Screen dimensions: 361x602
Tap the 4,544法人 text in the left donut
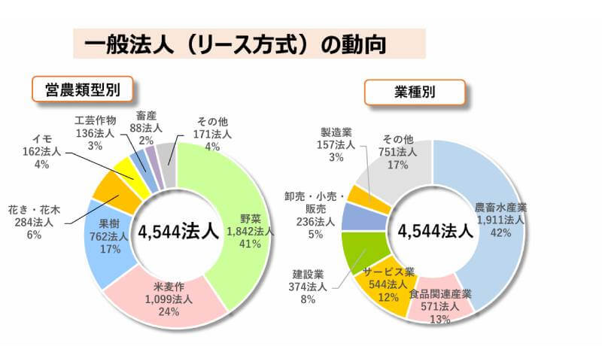[x=178, y=231]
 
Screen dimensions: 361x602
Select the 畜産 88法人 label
[x=146, y=129]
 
